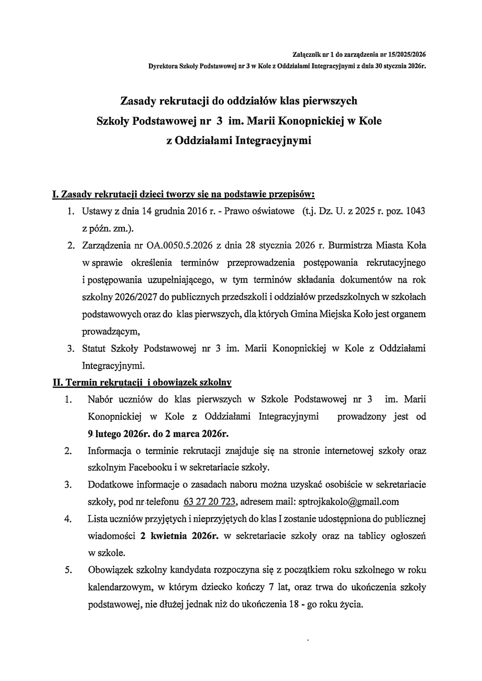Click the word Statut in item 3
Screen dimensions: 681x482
pyautogui.click(x=94, y=348)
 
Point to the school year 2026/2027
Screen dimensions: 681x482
pyautogui.click(x=133, y=297)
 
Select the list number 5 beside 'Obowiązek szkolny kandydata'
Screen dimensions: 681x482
pyautogui.click(x=69, y=570)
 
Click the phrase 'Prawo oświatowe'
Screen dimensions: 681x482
pyautogui.click(x=259, y=211)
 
